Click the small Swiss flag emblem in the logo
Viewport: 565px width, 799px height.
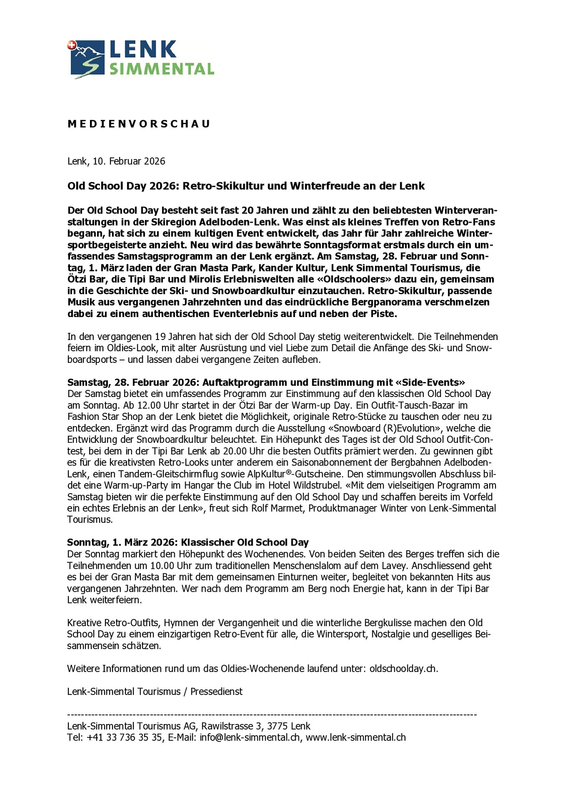(72, 45)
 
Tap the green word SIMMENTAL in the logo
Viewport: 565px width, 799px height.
(162, 69)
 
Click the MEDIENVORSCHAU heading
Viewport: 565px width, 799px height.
(139, 124)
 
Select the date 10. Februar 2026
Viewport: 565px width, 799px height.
(129, 161)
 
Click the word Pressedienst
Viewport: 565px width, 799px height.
(217, 692)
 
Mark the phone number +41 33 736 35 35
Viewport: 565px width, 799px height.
(124, 737)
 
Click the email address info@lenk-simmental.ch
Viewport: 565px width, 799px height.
(249, 737)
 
